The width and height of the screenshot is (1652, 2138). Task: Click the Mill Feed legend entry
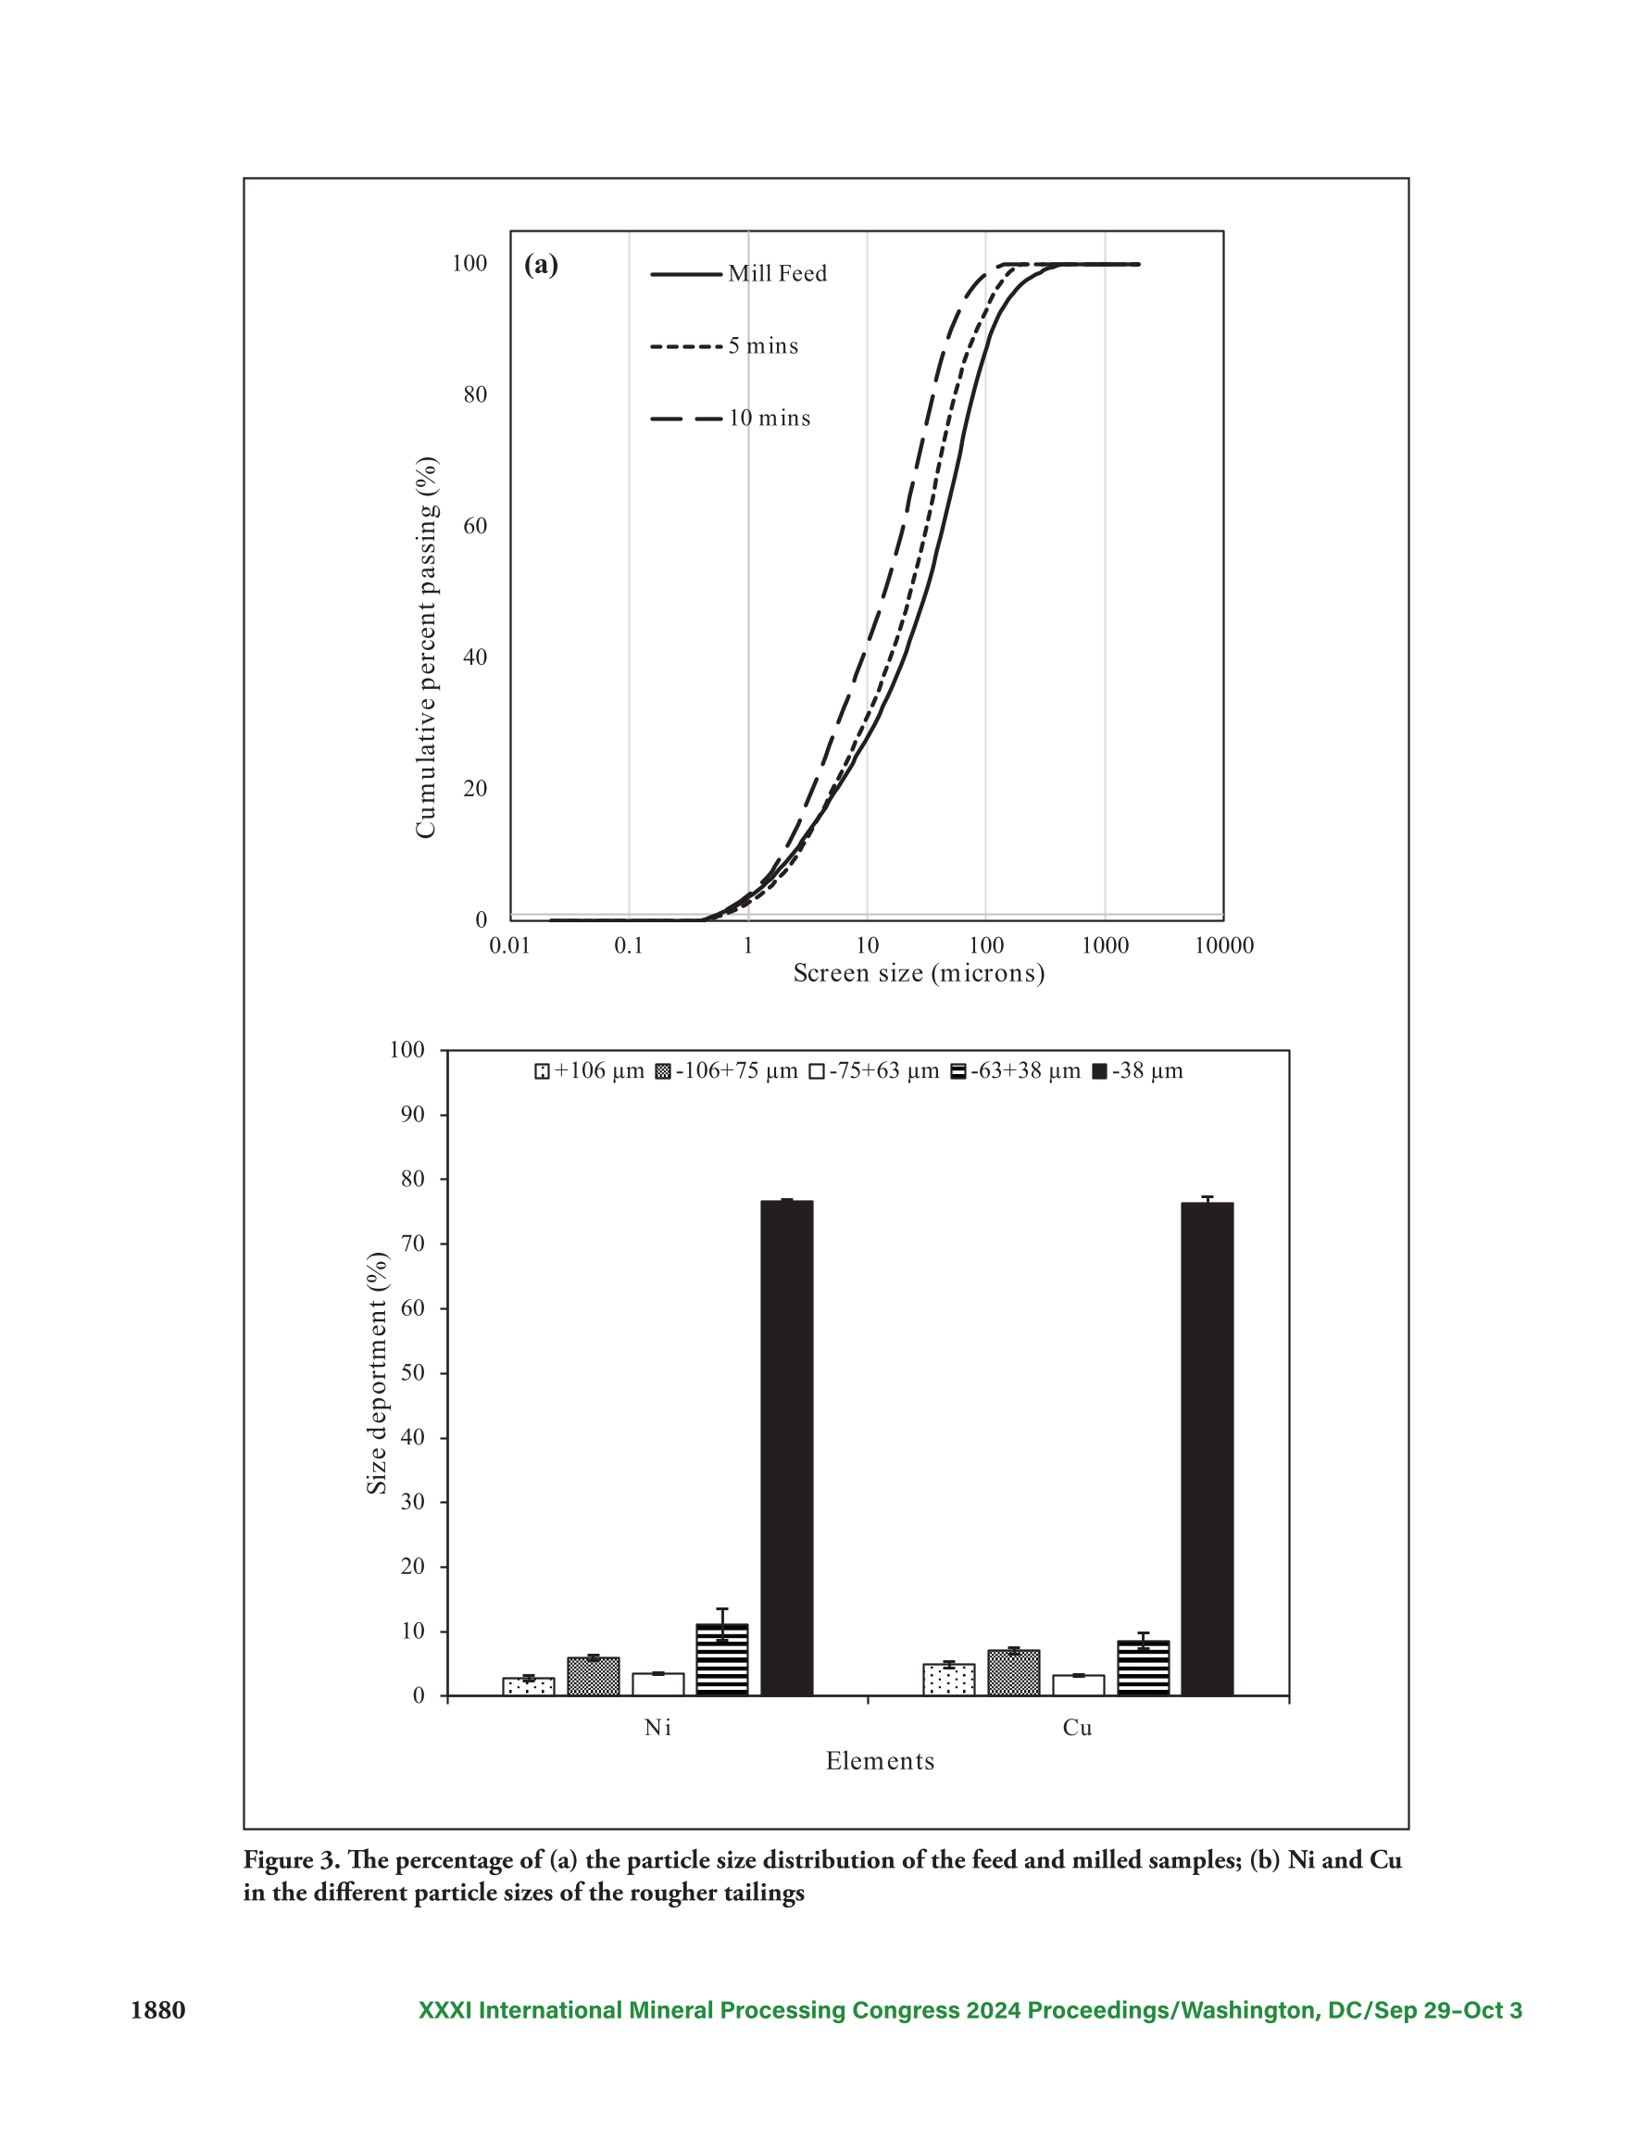click(x=738, y=274)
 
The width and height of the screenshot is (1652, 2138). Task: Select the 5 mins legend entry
click(x=725, y=346)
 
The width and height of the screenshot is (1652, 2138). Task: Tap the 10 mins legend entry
click(x=731, y=419)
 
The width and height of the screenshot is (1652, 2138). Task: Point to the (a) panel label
click(x=542, y=266)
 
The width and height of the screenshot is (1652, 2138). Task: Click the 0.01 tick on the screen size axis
click(x=509, y=945)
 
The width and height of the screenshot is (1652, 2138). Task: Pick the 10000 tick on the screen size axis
click(x=1224, y=945)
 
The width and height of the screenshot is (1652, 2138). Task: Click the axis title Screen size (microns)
click(x=919, y=974)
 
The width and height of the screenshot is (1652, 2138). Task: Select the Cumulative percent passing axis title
click(x=426, y=647)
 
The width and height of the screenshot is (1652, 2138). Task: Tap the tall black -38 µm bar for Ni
click(x=786, y=1448)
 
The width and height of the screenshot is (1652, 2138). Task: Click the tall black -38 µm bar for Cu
click(x=1207, y=1449)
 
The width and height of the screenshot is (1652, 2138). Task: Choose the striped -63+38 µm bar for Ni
click(x=721, y=1659)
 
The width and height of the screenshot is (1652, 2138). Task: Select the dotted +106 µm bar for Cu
click(x=948, y=1680)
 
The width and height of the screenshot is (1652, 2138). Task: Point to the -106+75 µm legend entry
click(x=727, y=1072)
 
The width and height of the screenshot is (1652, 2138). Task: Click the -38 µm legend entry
click(x=1138, y=1072)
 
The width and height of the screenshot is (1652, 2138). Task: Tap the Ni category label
click(x=658, y=1728)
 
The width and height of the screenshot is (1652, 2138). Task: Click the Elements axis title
click(x=880, y=1761)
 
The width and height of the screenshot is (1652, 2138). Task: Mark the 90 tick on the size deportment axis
click(x=413, y=1115)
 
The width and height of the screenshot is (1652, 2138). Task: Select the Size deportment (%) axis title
click(x=377, y=1372)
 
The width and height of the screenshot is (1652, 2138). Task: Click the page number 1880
click(x=157, y=2011)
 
